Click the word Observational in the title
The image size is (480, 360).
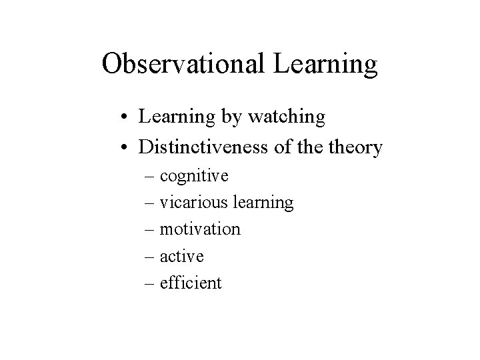pos(184,64)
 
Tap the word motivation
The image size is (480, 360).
pos(201,229)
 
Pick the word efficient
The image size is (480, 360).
pos(191,283)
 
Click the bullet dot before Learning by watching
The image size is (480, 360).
pos(127,119)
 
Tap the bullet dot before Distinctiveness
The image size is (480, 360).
pos(127,147)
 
